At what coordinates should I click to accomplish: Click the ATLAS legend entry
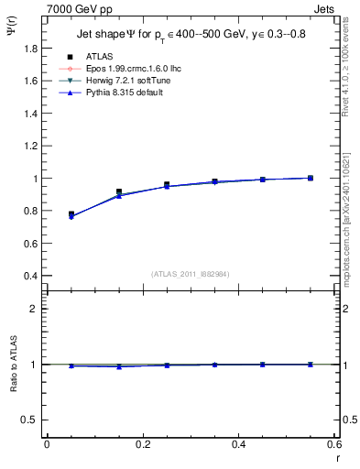click(x=97, y=56)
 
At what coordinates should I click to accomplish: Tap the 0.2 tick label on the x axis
click(x=143, y=444)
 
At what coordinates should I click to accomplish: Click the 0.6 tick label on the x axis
click(x=334, y=444)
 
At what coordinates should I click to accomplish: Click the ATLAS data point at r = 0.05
click(x=71, y=214)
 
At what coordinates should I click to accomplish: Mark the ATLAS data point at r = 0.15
click(x=119, y=191)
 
